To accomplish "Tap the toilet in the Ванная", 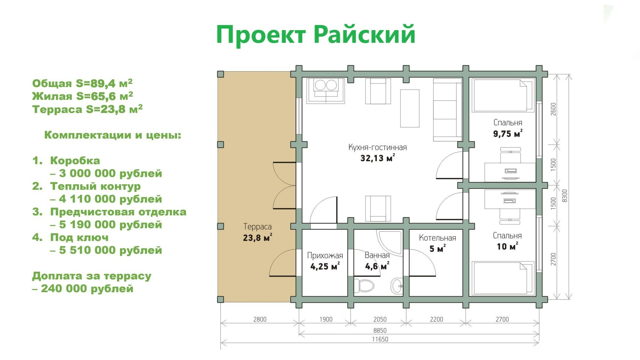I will tap(364, 285).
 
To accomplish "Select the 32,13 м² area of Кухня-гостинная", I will tap(377, 158).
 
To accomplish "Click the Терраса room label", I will tap(257, 227).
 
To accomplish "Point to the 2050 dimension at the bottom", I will tap(380, 319).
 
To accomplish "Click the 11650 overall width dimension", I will tap(380, 339).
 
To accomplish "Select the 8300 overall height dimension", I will tap(564, 196).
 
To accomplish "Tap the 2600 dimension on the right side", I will tap(554, 109).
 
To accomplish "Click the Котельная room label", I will tap(437, 238).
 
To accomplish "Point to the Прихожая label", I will tap(325, 255).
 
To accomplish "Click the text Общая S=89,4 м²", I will tap(82, 83).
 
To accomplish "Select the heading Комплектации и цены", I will tap(113, 135).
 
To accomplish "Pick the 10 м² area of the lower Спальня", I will tap(507, 246).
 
